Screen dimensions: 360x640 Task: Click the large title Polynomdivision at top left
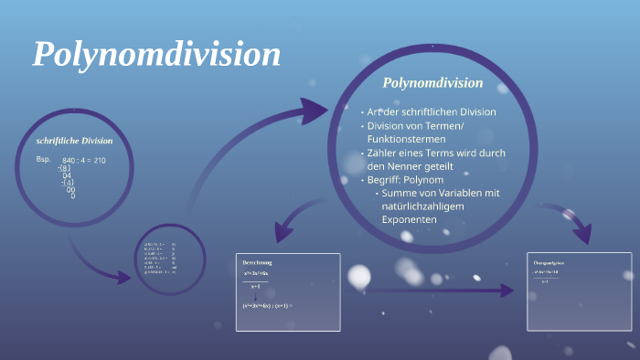(x=157, y=55)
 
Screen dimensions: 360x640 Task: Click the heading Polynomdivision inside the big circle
(x=432, y=83)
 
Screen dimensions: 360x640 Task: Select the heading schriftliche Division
(x=74, y=141)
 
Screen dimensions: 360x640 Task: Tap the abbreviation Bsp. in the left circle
(x=44, y=159)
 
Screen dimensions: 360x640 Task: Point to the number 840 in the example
(x=69, y=160)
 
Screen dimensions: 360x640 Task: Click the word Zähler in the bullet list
(x=383, y=153)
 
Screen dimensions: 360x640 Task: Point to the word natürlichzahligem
(x=423, y=206)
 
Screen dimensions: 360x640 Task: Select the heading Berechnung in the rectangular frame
(x=257, y=262)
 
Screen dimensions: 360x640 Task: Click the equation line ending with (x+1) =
(x=267, y=305)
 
